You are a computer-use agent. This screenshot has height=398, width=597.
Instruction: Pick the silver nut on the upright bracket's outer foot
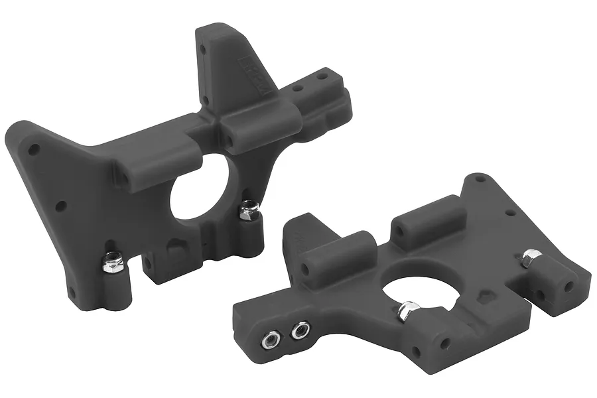111,264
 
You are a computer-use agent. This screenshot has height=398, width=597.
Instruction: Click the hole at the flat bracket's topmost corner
479,179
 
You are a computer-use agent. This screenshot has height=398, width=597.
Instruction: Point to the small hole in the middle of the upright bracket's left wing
60,206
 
